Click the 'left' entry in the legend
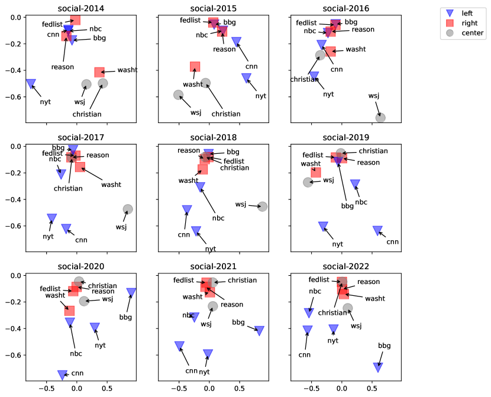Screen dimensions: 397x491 coord(467,13)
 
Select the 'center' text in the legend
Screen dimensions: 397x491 coord(472,33)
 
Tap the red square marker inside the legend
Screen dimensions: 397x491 coord(450,23)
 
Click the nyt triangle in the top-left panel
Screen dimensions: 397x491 coord(31,84)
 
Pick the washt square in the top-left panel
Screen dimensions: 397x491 coord(99,72)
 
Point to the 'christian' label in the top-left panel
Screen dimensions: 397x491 coord(87,114)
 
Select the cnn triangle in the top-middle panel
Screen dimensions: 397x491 coord(237,41)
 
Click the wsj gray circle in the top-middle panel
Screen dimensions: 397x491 coord(178,95)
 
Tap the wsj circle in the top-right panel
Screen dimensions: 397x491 coord(380,117)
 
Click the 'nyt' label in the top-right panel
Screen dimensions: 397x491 coord(328,94)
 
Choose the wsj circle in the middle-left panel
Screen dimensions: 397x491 coord(128,209)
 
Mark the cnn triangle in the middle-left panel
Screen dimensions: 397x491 coord(66,228)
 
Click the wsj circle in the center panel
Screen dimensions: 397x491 coord(263,206)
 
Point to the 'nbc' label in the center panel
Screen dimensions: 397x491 coord(218,218)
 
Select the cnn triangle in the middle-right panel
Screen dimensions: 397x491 coord(377,230)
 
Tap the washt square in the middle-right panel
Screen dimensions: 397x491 coord(316,172)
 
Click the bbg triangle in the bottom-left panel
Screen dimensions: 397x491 coord(131,292)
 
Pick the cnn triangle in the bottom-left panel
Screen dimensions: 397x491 coord(62,375)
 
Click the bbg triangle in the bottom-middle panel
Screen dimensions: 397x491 coord(259,331)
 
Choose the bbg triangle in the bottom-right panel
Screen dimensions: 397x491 coord(378,367)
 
